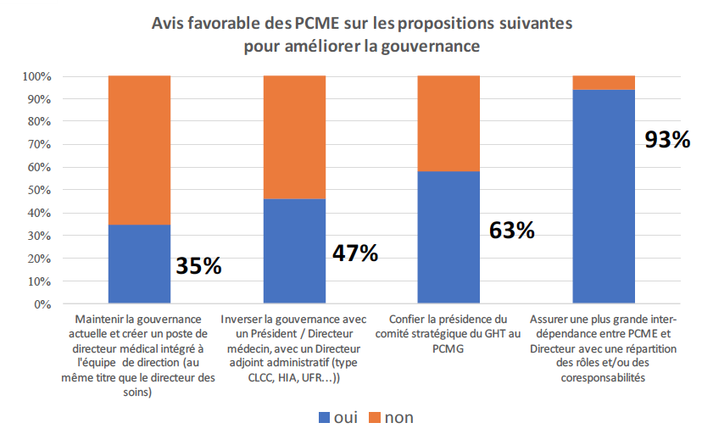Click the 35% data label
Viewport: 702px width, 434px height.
[198, 265]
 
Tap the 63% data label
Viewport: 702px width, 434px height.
[511, 230]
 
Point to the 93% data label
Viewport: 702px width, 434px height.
[667, 140]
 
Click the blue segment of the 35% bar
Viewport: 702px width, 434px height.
[139, 264]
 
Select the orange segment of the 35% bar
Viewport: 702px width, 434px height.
[139, 150]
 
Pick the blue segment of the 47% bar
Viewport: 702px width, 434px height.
[294, 251]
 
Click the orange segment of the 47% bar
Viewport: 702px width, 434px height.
[294, 137]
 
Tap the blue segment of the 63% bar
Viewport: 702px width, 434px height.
[449, 237]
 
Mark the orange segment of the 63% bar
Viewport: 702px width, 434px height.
[449, 124]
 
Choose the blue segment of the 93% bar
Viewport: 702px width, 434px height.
[604, 196]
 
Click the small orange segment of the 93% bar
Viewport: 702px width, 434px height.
[604, 82]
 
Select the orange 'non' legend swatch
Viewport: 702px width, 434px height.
[373, 417]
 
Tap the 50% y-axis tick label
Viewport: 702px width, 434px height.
[40, 190]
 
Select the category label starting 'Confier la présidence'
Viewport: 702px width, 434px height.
[449, 333]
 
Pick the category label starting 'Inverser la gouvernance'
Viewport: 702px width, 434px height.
[294, 348]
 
